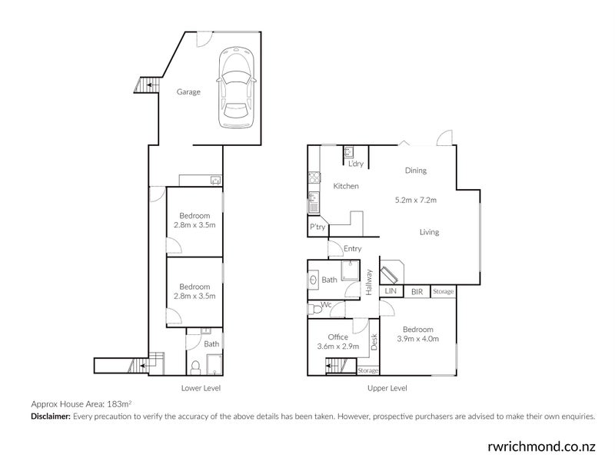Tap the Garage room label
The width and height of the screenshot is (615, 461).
point(188,92)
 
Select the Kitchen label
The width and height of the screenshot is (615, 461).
point(345,186)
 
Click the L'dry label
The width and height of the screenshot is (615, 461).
point(356,164)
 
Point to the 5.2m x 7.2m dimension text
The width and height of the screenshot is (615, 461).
point(415,201)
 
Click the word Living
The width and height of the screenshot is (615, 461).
point(429,232)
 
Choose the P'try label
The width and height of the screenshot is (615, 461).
point(317,227)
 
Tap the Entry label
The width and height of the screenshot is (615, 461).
point(353,248)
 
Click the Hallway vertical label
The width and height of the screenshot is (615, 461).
point(369,283)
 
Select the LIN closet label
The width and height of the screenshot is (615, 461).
point(391,292)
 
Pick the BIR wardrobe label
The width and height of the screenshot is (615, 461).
point(416,292)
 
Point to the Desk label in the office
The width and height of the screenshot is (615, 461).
point(374,342)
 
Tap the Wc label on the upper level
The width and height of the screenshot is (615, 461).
point(327,305)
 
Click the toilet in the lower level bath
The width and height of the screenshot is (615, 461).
point(194,366)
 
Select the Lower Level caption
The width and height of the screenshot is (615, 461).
point(199,388)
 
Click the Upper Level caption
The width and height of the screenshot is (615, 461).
point(387,388)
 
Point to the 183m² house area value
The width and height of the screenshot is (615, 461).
point(120,403)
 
